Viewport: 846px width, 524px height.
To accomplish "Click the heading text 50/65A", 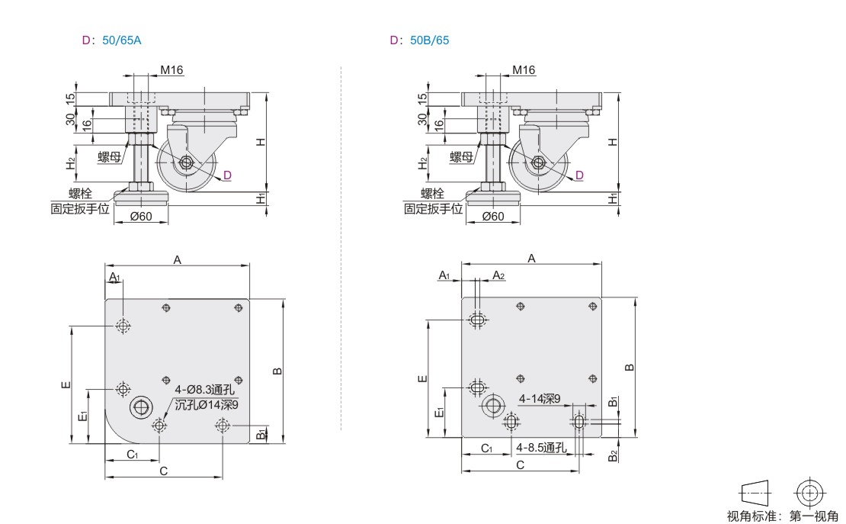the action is pos(121,40).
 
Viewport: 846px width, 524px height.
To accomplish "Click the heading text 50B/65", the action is pos(429,40).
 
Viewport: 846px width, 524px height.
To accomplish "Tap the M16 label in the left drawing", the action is pos(171,69).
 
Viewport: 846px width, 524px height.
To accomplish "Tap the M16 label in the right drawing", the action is pos(524,69).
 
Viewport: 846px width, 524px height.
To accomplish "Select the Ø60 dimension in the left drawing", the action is pos(141,217).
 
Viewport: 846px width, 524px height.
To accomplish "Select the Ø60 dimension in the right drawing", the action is pos(493,217).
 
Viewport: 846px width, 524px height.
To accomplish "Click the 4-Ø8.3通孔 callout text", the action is pos(205,390).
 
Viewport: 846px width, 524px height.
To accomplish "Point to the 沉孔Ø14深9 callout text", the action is pos(207,404).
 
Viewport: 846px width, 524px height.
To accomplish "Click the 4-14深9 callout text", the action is pos(540,399).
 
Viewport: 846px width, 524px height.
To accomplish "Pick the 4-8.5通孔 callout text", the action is pos(541,447).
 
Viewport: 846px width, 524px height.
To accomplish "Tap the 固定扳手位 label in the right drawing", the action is pos(433,208).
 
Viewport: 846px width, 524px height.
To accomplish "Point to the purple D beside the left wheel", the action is pos(227,175).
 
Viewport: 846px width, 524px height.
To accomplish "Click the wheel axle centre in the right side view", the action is pos(538,162).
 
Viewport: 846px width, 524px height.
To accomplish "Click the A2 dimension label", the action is pos(498,276).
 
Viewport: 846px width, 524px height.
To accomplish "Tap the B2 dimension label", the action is pos(613,456).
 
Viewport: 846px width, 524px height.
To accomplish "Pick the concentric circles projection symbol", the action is pos(810,493).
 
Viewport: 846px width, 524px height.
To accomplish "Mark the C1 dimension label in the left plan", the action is pos(132,455).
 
